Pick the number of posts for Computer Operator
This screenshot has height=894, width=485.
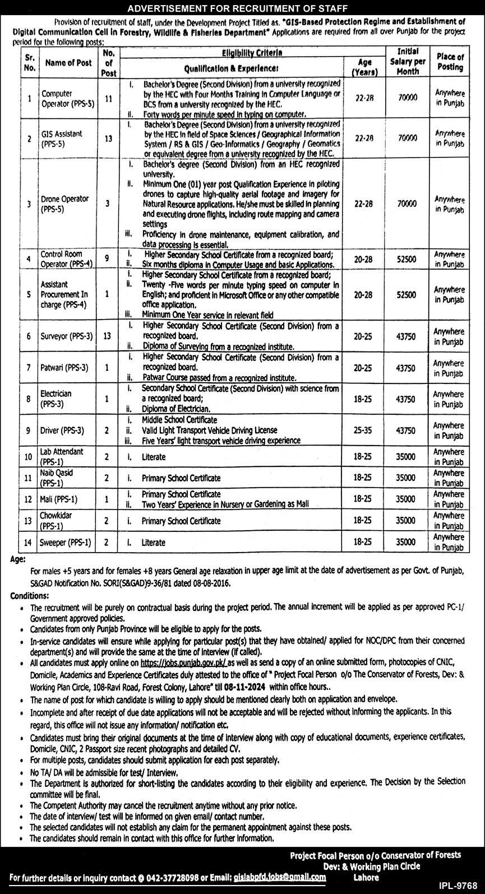(x=109, y=98)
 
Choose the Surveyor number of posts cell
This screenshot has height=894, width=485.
(x=109, y=336)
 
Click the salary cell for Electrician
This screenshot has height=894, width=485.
(x=407, y=399)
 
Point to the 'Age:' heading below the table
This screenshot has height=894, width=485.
(x=19, y=559)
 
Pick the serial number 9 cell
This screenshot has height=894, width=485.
(x=29, y=430)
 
